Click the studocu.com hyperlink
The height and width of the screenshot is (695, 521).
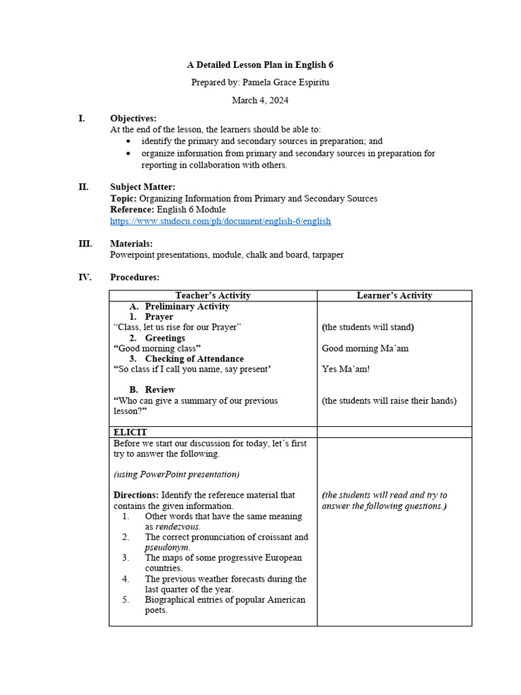(x=220, y=221)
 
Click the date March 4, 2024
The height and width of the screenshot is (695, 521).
(x=260, y=100)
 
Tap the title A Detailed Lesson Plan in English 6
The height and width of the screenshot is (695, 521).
(x=260, y=65)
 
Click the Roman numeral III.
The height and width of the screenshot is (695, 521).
(x=85, y=244)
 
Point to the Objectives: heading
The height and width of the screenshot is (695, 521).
(x=133, y=118)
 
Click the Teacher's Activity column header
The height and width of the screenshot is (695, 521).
(x=212, y=295)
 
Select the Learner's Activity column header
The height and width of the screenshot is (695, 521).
(x=394, y=295)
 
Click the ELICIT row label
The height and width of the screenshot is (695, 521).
(x=130, y=432)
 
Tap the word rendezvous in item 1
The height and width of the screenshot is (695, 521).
(x=178, y=527)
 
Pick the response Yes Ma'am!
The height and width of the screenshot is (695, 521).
(x=345, y=369)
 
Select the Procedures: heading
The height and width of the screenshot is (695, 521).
(x=134, y=277)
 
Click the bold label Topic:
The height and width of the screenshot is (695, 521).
(x=123, y=199)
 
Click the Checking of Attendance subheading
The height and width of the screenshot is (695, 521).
(x=194, y=358)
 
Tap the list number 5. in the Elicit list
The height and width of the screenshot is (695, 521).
(x=126, y=600)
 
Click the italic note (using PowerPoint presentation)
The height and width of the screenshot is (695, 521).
(x=176, y=474)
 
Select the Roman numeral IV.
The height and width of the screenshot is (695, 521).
(x=85, y=277)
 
